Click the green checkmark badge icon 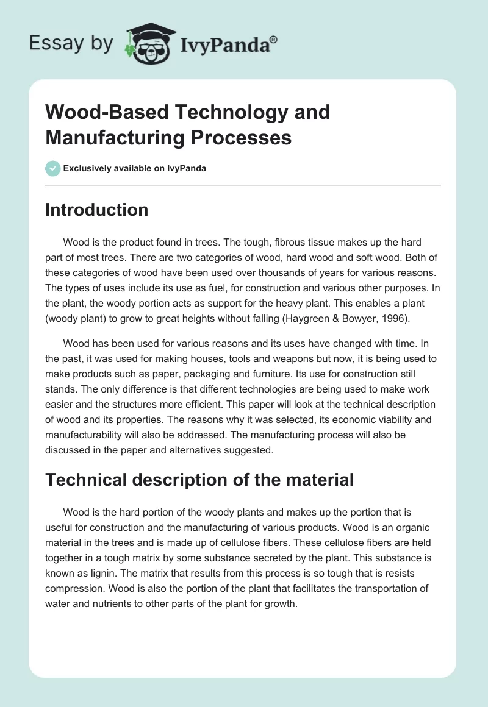53,168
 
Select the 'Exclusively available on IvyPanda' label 134,168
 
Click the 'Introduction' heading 97,210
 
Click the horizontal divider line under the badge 243,185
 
